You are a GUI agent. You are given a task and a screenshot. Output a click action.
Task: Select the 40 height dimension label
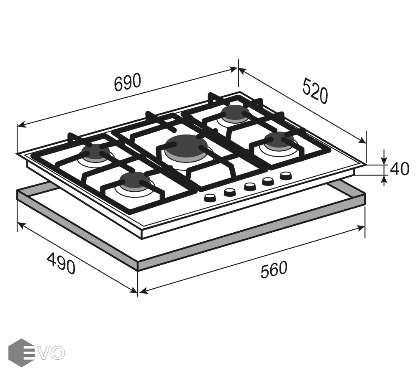point(399,169)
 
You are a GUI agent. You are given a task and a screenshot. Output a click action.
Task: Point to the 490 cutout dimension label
point(61,264)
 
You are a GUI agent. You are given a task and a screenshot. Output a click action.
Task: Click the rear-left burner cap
point(95,152)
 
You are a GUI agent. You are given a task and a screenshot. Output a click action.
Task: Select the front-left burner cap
point(135,180)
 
